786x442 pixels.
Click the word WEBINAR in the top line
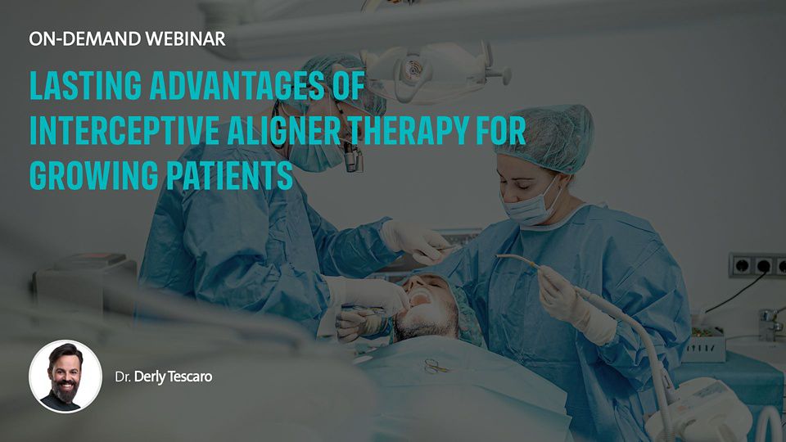(186, 38)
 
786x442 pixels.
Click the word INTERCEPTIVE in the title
(124, 130)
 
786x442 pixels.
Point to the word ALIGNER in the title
(284, 130)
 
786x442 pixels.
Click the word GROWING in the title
(93, 175)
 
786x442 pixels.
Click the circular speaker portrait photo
(65, 377)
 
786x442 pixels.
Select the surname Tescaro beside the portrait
(190, 377)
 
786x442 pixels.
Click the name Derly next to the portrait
(150, 377)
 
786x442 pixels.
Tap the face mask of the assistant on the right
(531, 205)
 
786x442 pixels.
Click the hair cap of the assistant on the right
(544, 137)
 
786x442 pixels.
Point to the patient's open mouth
(421, 299)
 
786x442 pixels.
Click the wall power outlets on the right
(757, 265)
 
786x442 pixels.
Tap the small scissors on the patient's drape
(434, 366)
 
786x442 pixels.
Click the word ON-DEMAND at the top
(84, 38)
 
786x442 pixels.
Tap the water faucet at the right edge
(770, 322)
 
